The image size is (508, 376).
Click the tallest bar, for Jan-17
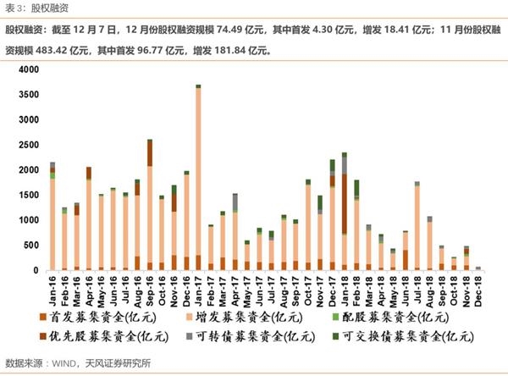tap(198, 178)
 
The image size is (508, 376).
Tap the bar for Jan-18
tap(345, 212)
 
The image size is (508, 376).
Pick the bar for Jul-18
tap(417, 226)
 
